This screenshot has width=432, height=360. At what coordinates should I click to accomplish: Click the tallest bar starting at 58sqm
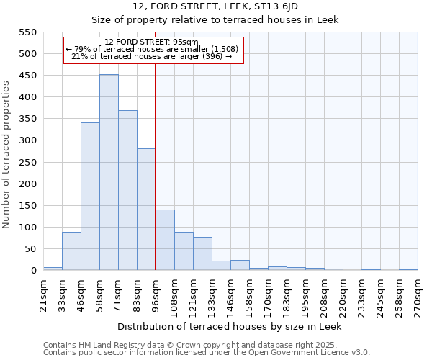(x=109, y=173)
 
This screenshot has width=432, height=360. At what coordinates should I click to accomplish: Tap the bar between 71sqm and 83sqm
(x=127, y=190)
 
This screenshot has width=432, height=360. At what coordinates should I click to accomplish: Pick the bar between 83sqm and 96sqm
(x=146, y=210)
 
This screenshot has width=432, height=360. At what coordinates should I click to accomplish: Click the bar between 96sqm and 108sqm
(x=165, y=240)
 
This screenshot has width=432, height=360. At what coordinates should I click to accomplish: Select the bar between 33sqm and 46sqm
(x=71, y=251)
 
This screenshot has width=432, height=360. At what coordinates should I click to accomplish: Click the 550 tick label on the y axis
(x=27, y=32)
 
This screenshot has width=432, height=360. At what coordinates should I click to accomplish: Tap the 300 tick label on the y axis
(x=27, y=140)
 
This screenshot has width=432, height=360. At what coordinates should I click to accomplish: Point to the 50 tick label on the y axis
(x=30, y=249)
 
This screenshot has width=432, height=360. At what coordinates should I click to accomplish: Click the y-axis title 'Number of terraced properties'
(x=6, y=155)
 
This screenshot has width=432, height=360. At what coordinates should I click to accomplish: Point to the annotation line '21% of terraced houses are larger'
(x=152, y=56)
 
